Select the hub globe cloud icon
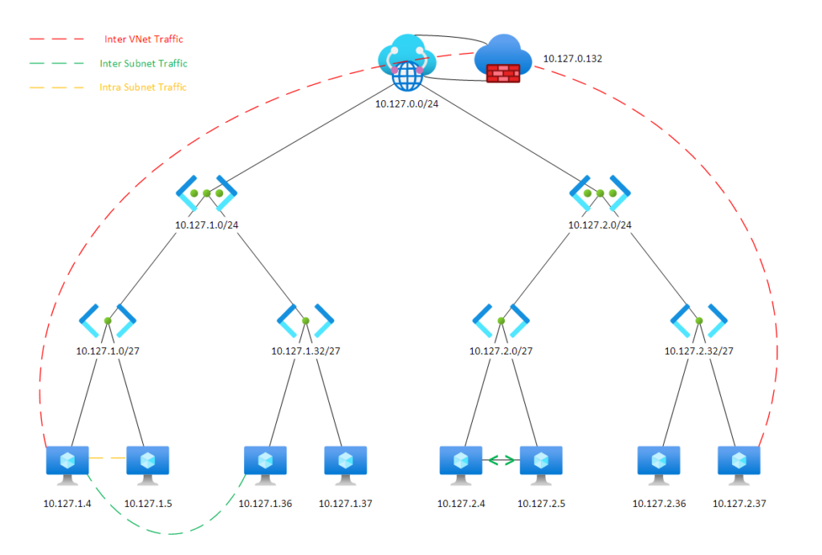407,63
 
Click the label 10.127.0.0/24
407,103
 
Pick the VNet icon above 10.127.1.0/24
206,192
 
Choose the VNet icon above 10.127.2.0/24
600,192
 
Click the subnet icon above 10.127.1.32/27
306,320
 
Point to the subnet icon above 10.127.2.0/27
501,320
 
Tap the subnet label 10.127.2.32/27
698,350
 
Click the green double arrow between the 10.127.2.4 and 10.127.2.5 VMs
501,460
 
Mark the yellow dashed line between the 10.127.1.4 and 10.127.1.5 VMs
108,459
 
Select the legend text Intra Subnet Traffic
143,87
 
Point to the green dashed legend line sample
56,63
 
